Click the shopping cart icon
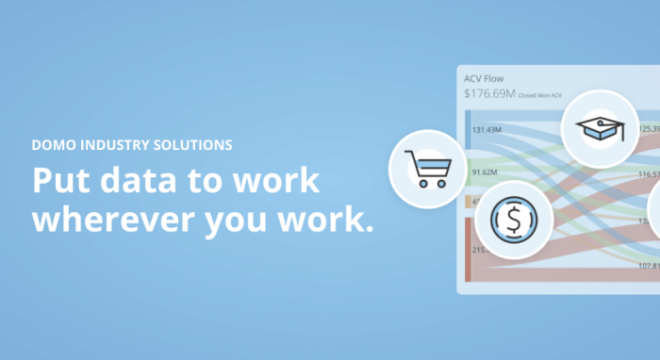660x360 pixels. pyautogui.click(x=425, y=170)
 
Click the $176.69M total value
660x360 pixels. pyautogui.click(x=489, y=94)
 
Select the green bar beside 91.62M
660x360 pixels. pyautogui.click(x=468, y=172)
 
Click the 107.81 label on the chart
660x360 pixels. pyautogui.click(x=647, y=265)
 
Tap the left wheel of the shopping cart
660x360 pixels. pyautogui.click(x=423, y=183)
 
